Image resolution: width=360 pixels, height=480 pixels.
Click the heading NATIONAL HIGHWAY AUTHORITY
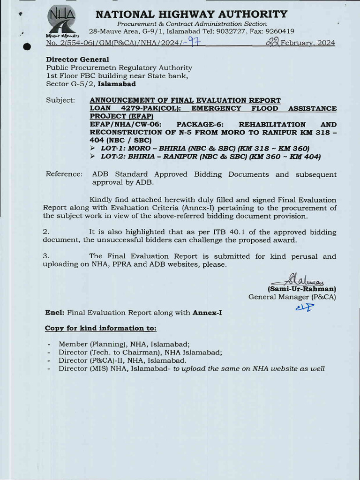click(191, 15)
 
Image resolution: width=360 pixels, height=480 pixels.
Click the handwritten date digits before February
click(272, 43)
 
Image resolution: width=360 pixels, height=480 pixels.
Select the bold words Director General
click(77, 60)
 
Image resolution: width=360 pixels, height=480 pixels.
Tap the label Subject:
click(60, 100)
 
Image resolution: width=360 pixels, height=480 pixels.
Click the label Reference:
click(64, 174)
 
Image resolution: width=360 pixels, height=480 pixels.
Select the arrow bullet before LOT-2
click(93, 157)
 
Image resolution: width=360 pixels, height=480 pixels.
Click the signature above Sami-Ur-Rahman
click(295, 281)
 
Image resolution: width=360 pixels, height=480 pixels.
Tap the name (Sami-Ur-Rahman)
click(301, 289)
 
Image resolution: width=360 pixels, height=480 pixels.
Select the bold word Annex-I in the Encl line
click(207, 313)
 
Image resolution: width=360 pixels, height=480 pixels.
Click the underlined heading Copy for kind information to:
click(100, 328)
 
